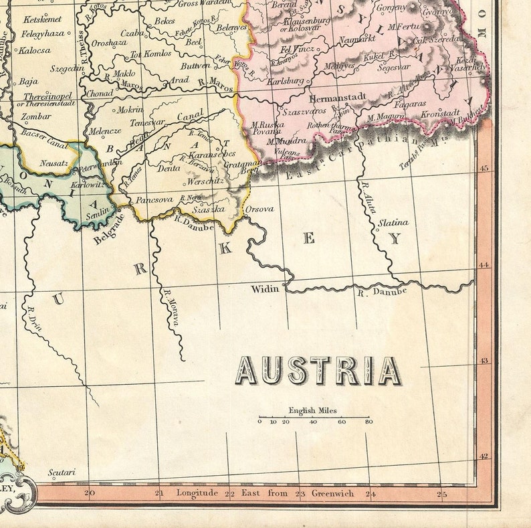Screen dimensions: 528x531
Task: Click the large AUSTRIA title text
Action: point(319,370)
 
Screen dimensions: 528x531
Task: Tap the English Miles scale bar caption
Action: point(312,410)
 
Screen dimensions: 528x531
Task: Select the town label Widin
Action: point(265,289)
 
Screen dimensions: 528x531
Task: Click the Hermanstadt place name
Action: point(338,96)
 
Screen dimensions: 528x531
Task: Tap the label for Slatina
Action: point(393,222)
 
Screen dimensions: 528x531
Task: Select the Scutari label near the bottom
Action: point(62,472)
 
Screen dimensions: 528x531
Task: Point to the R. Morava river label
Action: point(171,306)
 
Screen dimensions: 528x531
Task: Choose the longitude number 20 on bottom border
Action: point(90,494)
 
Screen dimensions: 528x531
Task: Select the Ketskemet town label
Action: point(41,19)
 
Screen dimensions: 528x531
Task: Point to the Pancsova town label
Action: point(154,199)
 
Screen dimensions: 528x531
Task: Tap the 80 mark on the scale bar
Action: point(368,422)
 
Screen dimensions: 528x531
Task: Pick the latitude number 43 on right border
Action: point(484,361)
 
